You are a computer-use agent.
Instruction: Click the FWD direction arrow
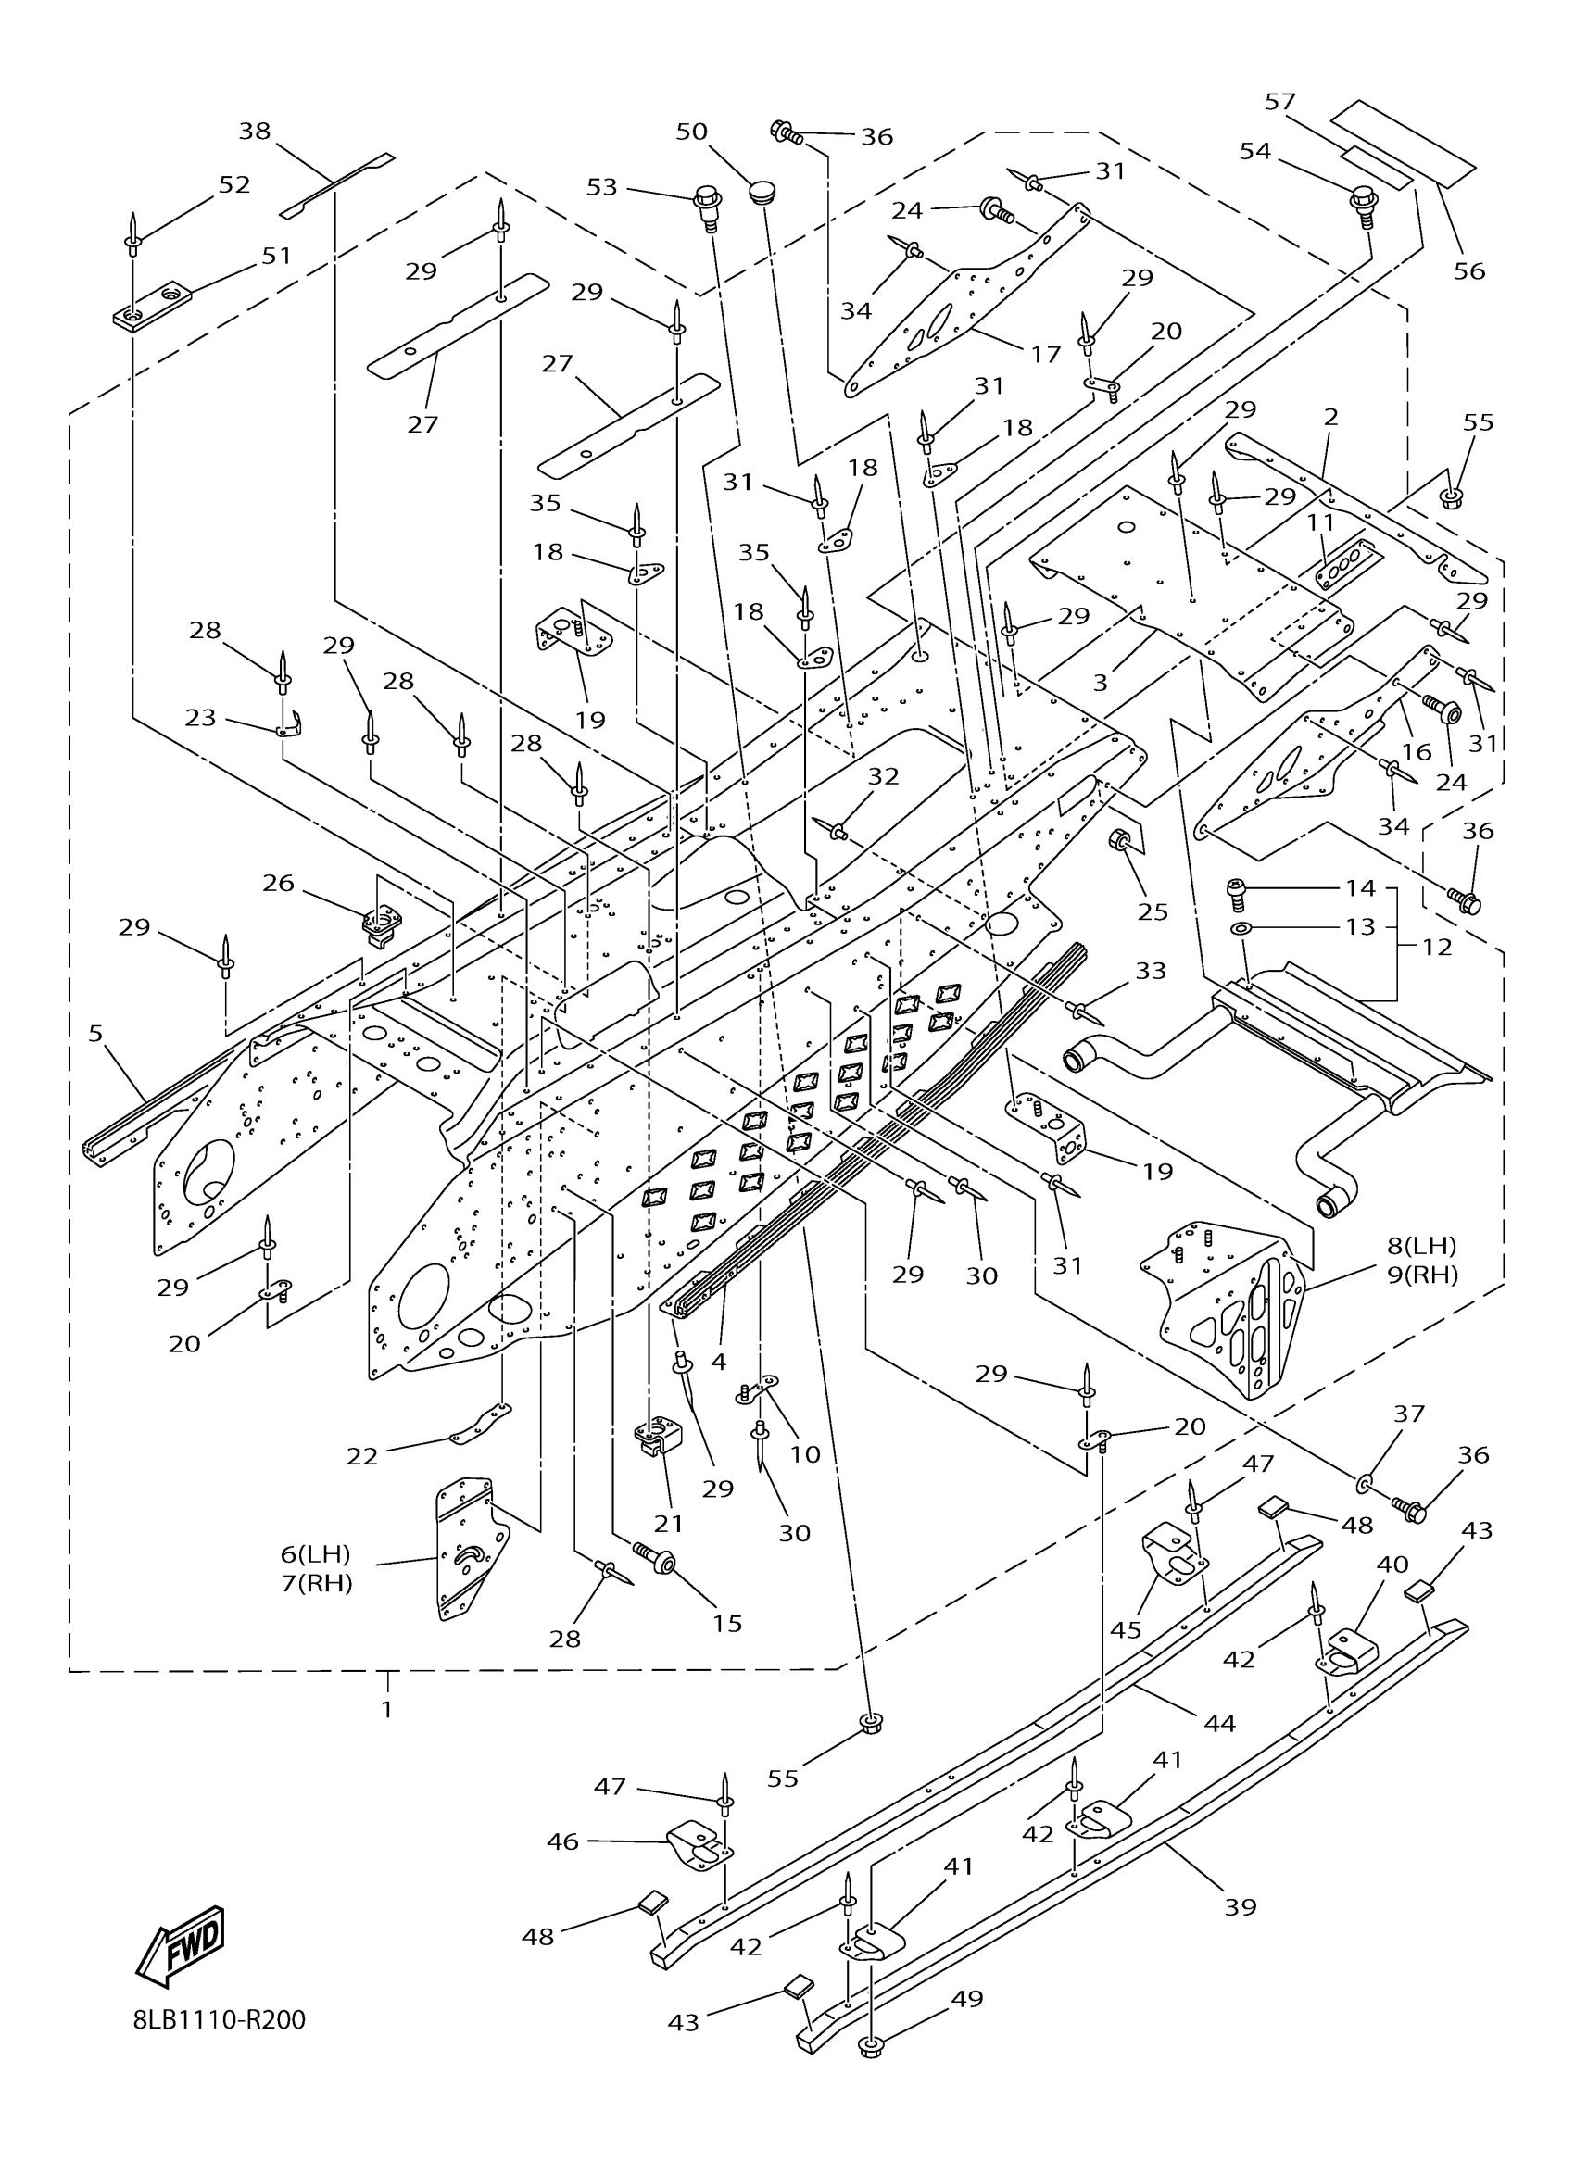tap(181, 1948)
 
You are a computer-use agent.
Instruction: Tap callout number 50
tap(691, 132)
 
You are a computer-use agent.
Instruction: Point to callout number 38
tap(254, 131)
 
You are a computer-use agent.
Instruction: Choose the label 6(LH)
tap(315, 1553)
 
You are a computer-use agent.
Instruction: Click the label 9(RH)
tap(1422, 1275)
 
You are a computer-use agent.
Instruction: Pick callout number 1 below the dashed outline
tap(386, 1709)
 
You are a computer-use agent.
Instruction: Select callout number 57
tap(1279, 102)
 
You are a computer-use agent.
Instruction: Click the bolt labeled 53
tap(708, 205)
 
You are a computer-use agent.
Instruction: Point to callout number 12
tap(1437, 946)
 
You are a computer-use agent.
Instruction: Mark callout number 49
tap(967, 1999)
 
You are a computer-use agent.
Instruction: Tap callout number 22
tap(362, 1456)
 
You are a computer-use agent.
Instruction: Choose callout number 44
tap(1219, 1723)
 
